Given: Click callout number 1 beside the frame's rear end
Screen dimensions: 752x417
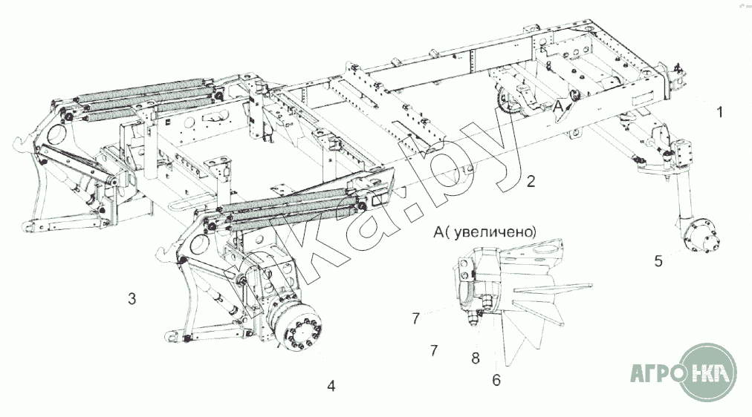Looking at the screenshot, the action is (x=719, y=113).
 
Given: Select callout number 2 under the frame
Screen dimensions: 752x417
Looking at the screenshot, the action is (x=531, y=182).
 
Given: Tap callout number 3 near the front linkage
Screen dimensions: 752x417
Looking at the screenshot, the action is (x=132, y=299).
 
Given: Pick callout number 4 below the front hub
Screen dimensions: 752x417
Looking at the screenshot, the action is (x=331, y=386).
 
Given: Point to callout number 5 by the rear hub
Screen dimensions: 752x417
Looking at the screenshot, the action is (x=658, y=261).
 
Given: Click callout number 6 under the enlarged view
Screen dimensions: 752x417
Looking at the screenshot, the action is (x=496, y=380).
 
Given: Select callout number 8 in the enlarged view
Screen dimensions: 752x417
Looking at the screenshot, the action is (x=476, y=358).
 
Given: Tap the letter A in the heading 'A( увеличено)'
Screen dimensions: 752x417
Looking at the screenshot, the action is (x=438, y=232).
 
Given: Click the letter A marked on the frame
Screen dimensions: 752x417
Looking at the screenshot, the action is (x=558, y=107).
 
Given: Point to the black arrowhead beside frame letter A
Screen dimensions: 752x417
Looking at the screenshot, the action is (x=569, y=103).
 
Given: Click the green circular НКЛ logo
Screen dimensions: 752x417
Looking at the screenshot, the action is (x=708, y=372).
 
